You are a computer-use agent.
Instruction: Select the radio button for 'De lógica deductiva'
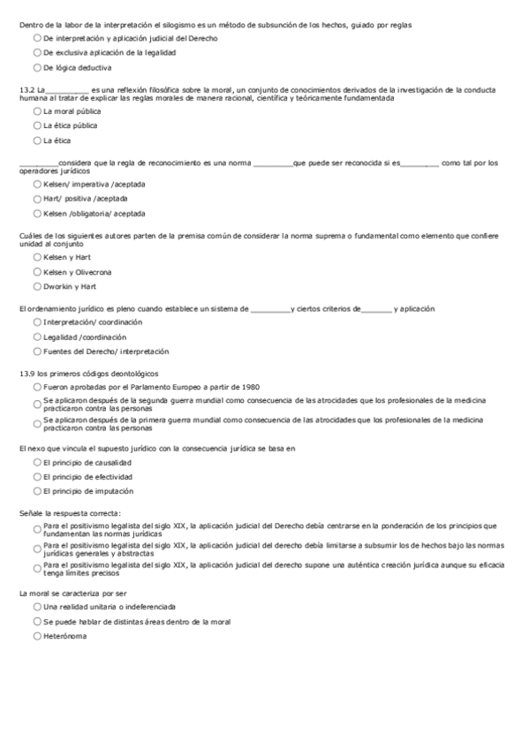click(36, 67)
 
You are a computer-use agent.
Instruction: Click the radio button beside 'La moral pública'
click(36, 112)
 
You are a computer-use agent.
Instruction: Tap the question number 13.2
click(26, 89)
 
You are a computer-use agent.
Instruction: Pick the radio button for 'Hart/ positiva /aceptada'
click(36, 199)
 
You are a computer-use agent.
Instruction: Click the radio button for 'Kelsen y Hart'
click(36, 257)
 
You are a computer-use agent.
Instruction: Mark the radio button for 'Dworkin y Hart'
click(36, 286)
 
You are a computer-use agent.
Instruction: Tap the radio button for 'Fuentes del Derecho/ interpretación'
click(36, 352)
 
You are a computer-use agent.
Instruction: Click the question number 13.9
click(26, 374)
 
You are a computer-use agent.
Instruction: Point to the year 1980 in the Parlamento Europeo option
click(251, 388)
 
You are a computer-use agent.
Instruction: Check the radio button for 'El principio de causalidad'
click(36, 463)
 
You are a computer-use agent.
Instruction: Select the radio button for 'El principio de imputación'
click(36, 491)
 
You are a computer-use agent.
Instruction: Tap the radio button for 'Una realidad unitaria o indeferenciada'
click(36, 608)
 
